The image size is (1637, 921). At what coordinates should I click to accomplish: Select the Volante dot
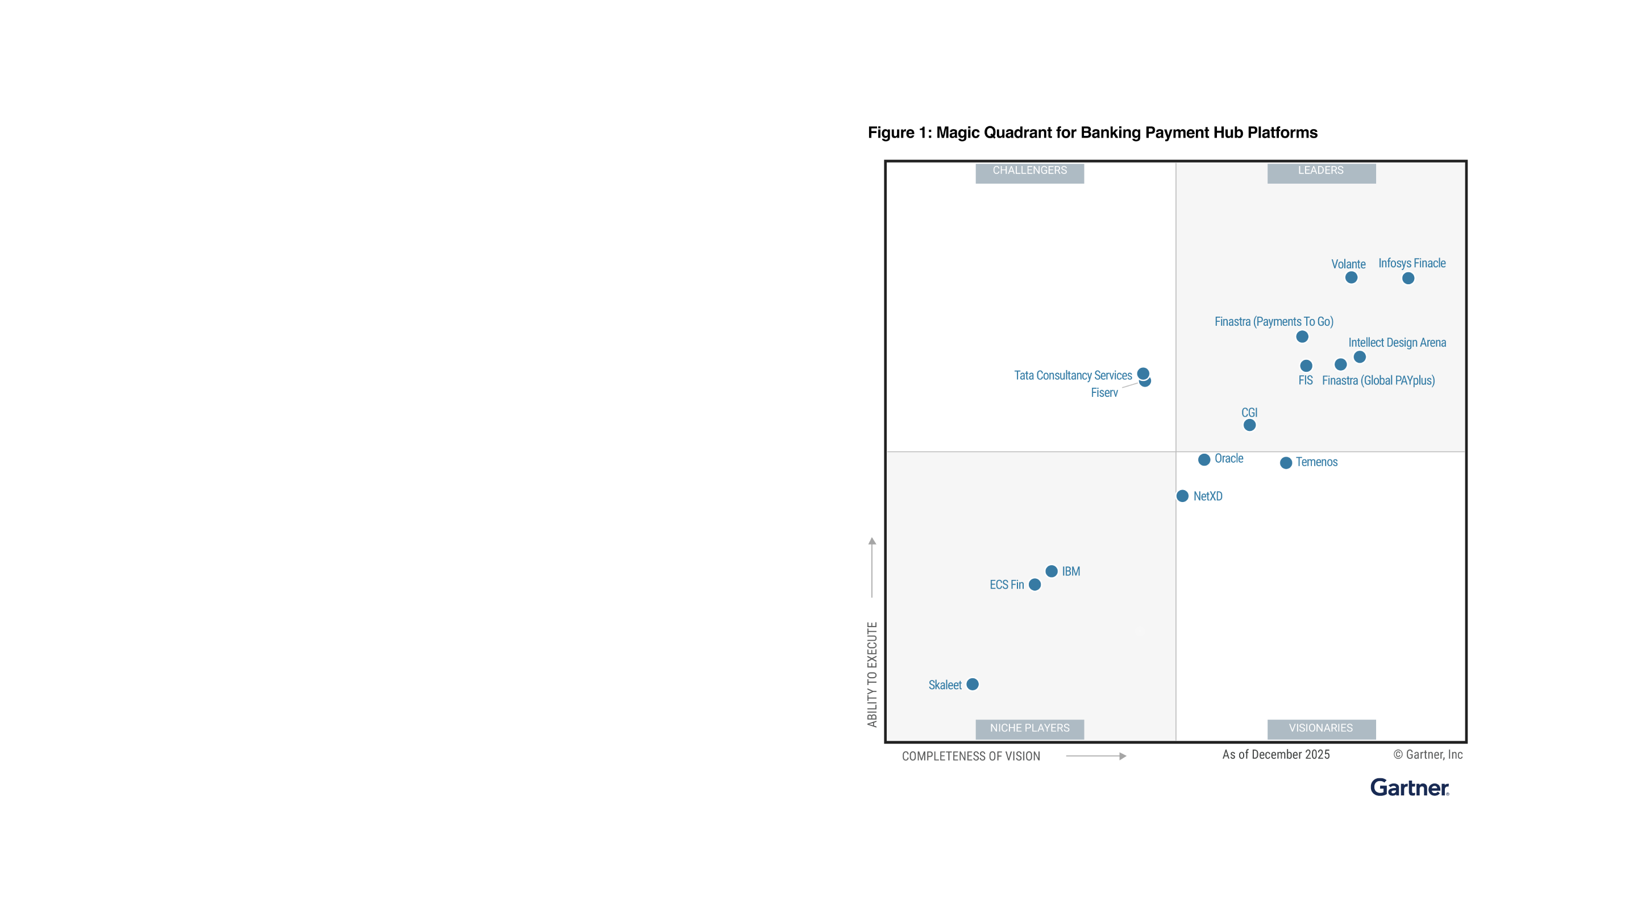click(x=1351, y=278)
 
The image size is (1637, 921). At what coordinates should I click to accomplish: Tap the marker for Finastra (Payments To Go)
click(x=1302, y=337)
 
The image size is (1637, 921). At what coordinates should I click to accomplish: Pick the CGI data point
click(x=1249, y=425)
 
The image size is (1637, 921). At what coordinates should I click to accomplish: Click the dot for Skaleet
click(x=973, y=684)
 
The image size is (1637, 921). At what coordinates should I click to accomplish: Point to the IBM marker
click(x=1051, y=571)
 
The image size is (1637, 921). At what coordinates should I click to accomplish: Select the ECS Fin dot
click(x=1034, y=585)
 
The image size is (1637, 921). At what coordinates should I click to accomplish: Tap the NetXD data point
click(x=1182, y=496)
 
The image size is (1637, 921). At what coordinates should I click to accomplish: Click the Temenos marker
click(x=1286, y=463)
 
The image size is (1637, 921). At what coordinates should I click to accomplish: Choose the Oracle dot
click(x=1204, y=459)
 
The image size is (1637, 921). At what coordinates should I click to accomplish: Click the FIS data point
click(x=1306, y=366)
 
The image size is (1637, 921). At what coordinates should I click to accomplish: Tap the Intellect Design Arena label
click(x=1397, y=343)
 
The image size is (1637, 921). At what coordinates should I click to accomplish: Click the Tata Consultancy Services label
click(x=1073, y=376)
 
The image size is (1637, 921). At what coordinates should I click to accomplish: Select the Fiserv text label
click(x=1104, y=393)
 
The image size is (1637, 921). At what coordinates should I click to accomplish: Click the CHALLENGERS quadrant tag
click(x=1029, y=171)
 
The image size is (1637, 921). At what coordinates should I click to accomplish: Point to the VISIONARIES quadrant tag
click(x=1320, y=728)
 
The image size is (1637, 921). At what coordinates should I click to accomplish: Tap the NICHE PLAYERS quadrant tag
click(x=1029, y=728)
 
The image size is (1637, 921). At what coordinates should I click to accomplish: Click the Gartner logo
click(x=1409, y=787)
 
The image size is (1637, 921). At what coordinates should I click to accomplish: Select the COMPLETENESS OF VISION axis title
click(x=970, y=756)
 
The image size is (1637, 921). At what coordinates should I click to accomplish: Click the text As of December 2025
click(x=1275, y=754)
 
